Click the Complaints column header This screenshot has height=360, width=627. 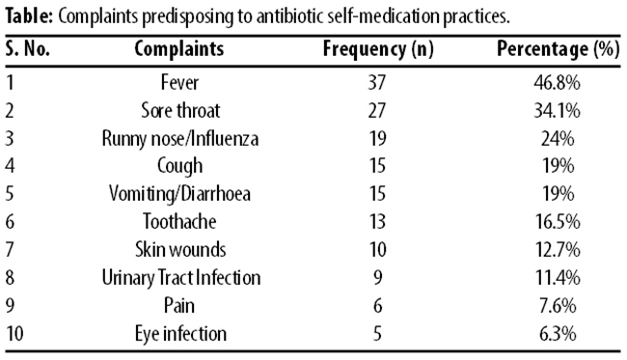tap(179, 49)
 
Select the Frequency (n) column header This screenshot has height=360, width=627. tap(378, 49)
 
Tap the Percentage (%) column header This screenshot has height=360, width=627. tap(558, 49)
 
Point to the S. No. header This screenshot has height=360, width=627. tap(28, 49)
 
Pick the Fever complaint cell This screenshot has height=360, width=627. tap(179, 83)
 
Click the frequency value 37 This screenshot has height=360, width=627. tap(376, 83)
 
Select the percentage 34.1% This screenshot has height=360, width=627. tap(557, 111)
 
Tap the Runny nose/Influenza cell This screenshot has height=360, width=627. tap(180, 139)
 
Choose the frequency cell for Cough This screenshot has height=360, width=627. tap(376, 166)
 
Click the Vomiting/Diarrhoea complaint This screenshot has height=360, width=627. tap(179, 194)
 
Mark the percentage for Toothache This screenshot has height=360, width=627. tap(558, 222)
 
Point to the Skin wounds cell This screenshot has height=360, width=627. tap(180, 250)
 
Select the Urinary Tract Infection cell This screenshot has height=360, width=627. tap(180, 278)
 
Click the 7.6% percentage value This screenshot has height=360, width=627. tap(558, 306)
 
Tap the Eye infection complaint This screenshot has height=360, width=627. tap(180, 334)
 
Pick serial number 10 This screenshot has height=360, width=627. tap(14, 334)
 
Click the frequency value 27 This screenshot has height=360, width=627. tap(376, 111)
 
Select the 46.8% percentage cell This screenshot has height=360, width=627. tap(557, 83)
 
